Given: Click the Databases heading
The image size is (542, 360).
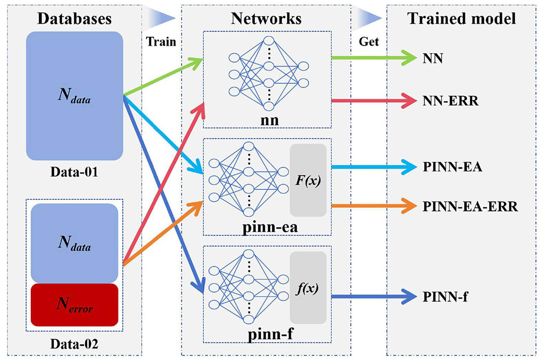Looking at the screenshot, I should pyautogui.click(x=74, y=18).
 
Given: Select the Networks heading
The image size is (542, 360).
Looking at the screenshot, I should pyautogui.click(x=266, y=18).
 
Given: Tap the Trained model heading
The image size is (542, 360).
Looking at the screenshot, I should pyautogui.click(x=461, y=18).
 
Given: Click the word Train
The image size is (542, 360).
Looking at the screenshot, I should pyautogui.click(x=161, y=42).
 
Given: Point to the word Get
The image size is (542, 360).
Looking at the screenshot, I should pyautogui.click(x=369, y=42).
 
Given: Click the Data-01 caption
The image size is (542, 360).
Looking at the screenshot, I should pyautogui.click(x=74, y=172).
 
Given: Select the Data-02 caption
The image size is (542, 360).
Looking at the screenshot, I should pyautogui.click(x=74, y=344).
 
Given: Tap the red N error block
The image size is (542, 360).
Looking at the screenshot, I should pyautogui.click(x=74, y=305).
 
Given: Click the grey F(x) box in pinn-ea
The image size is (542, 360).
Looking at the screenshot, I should pyautogui.click(x=308, y=180).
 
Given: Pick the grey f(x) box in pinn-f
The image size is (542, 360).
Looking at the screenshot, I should pyautogui.click(x=308, y=288).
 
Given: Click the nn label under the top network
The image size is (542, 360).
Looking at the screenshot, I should pyautogui.click(x=270, y=120).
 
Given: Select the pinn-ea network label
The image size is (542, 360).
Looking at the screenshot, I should pyautogui.click(x=270, y=227).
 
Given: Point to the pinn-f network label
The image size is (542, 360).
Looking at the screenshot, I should pyautogui.click(x=270, y=334).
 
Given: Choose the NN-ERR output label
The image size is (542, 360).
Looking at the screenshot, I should pyautogui.click(x=450, y=101).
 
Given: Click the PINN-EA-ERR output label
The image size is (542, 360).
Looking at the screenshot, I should pyautogui.click(x=470, y=206).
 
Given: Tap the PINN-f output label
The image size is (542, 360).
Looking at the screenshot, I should pyautogui.click(x=445, y=296).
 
